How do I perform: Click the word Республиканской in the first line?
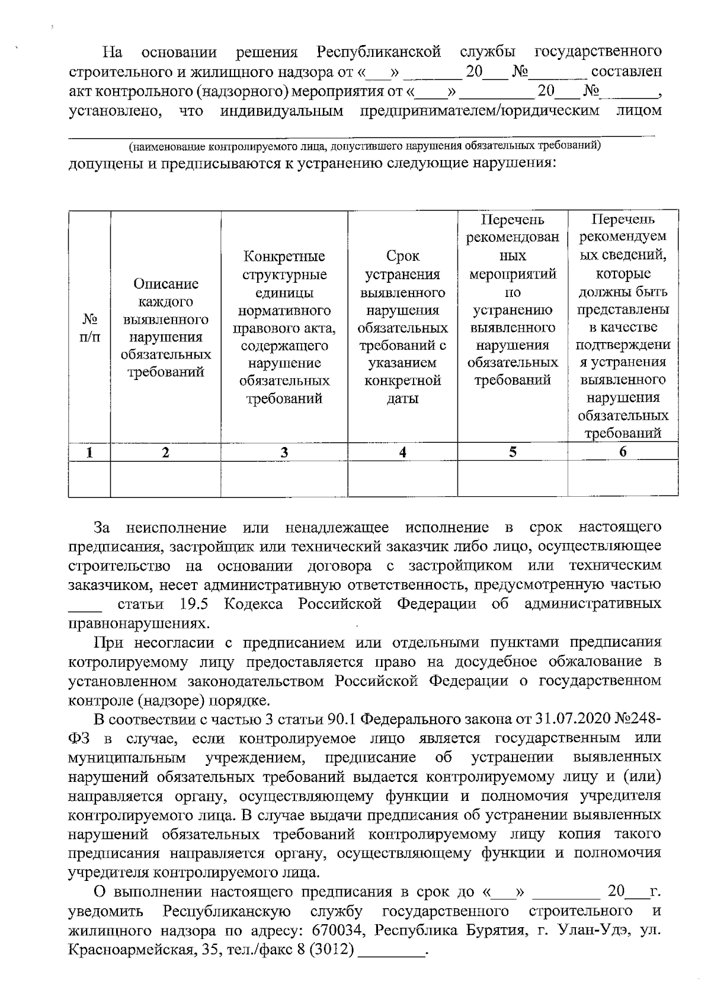point(379,52)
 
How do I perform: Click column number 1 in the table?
point(89,452)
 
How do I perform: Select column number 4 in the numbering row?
point(402,452)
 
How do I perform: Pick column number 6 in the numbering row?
point(623,452)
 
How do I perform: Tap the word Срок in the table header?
point(402,256)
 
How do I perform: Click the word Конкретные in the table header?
point(284,257)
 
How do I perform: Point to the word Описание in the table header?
point(166,283)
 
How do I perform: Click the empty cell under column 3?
point(284,478)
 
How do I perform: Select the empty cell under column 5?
point(513,478)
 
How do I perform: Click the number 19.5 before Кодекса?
point(193,604)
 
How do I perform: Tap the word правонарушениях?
point(139,624)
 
